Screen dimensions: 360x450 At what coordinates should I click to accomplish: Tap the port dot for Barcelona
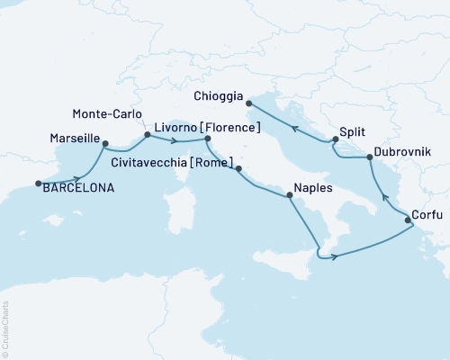pyautogui.click(x=38, y=184)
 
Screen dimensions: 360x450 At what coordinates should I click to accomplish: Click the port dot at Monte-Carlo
pyautogui.click(x=147, y=136)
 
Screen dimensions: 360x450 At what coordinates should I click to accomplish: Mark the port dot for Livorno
pyautogui.click(x=208, y=139)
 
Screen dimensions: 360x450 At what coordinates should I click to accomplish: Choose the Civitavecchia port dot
pyautogui.click(x=238, y=168)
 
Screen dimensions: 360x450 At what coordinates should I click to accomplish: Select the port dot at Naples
pyautogui.click(x=289, y=196)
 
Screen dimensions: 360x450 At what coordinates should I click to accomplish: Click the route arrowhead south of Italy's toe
pyautogui.click(x=334, y=257)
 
